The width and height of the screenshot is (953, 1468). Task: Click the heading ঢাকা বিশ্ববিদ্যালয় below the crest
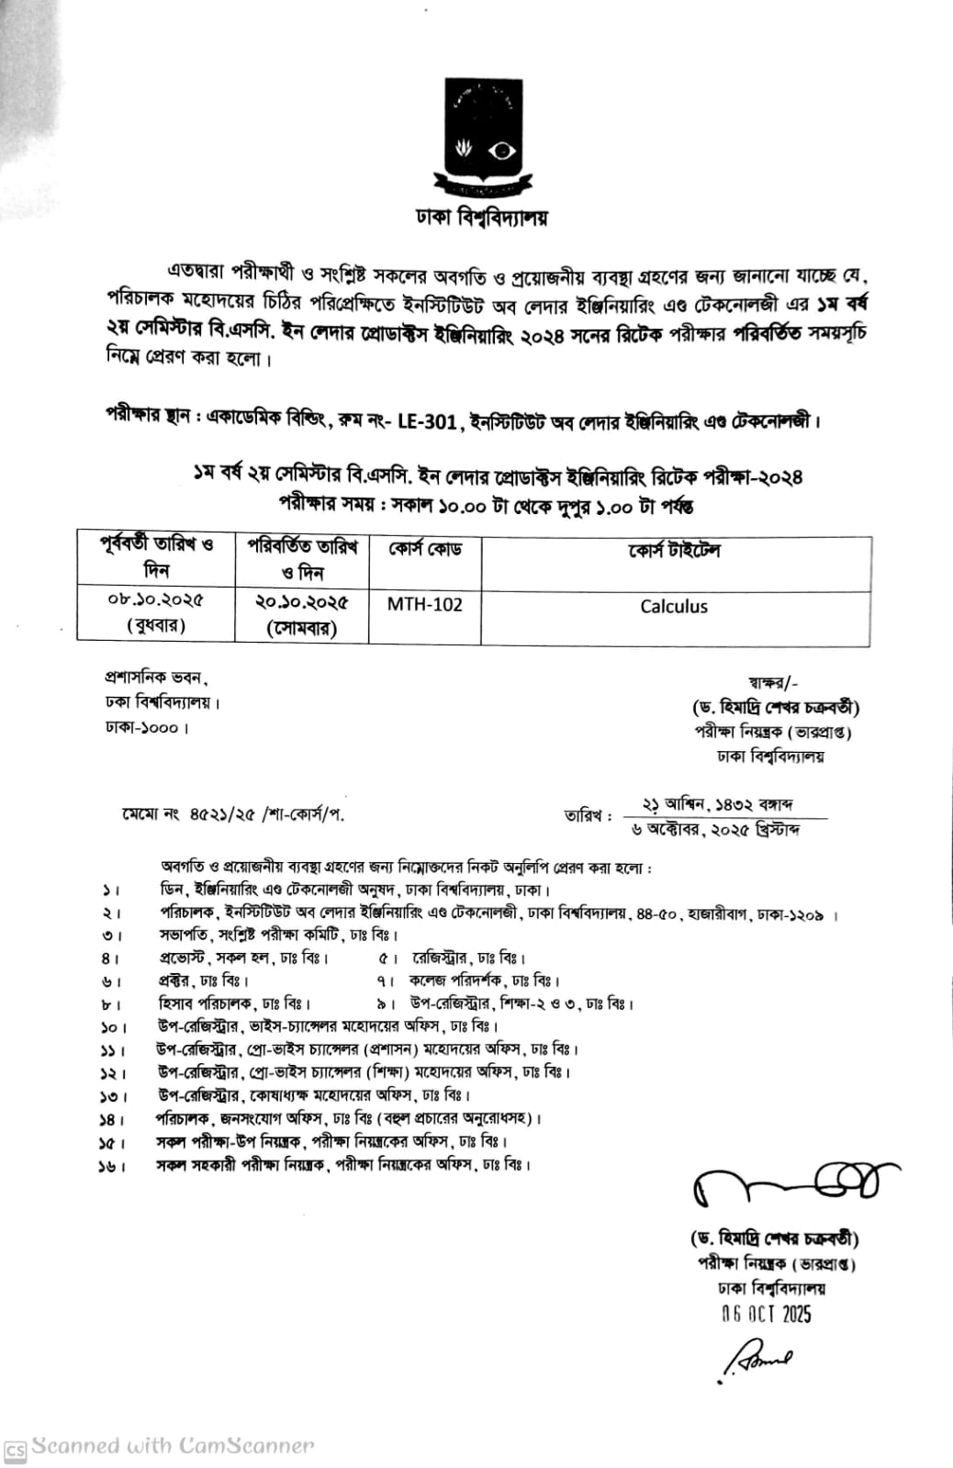pos(481,219)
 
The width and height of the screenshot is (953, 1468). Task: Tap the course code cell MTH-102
pos(424,605)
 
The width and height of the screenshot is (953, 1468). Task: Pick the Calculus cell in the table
pos(674,607)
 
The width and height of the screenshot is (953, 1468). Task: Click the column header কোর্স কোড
pos(424,551)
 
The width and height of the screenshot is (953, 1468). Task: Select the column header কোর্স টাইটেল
pos(674,551)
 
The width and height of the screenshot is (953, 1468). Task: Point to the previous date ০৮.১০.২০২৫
pos(156,600)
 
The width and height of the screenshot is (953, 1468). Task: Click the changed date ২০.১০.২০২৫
pos(302,602)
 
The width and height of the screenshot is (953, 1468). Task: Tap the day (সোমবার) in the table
pos(302,628)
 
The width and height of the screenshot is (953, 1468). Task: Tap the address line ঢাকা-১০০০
pos(147,728)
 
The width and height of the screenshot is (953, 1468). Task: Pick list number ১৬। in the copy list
pos(112,1166)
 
